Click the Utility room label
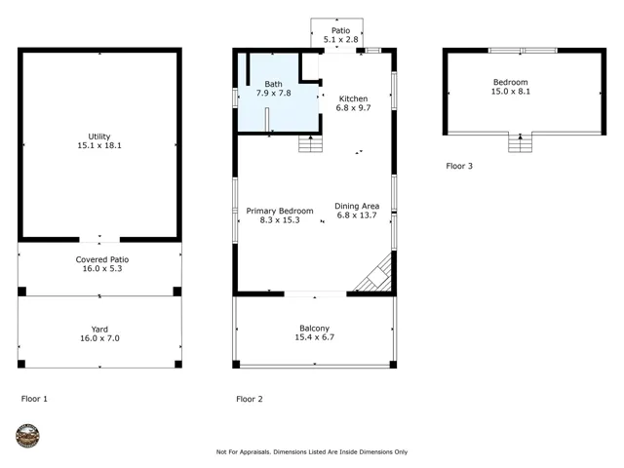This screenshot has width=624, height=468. click(99, 136)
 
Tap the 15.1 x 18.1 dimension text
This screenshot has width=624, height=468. click(99, 145)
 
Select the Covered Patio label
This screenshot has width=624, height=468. click(102, 259)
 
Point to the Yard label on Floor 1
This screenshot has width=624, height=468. click(99, 330)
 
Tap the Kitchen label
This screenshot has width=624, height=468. click(353, 98)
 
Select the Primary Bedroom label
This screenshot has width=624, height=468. click(280, 211)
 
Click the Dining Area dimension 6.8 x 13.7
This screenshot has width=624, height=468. click(357, 215)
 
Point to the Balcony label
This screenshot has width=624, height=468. click(314, 329)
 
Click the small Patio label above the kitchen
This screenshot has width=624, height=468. click(340, 30)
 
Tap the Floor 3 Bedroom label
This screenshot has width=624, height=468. click(511, 82)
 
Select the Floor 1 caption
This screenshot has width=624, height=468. click(34, 399)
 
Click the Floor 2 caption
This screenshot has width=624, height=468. click(250, 399)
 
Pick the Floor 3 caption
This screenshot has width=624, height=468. click(459, 167)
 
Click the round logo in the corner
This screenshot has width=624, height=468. click(27, 436)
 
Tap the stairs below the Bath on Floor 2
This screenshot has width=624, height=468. click(310, 143)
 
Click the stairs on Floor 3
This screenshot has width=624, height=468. click(520, 142)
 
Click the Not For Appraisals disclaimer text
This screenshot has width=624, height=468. click(312, 452)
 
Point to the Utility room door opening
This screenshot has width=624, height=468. click(99, 240)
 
